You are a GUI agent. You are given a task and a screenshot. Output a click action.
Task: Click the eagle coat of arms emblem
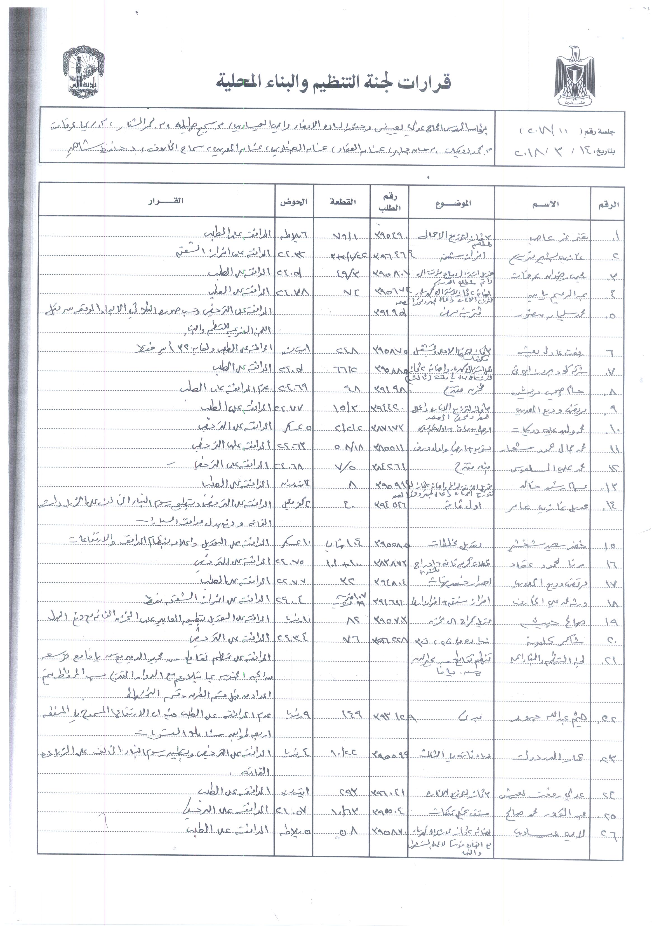tap(575, 77)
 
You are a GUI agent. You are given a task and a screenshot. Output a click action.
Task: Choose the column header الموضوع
tap(453, 204)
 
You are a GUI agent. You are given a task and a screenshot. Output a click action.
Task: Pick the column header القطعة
tap(342, 202)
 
